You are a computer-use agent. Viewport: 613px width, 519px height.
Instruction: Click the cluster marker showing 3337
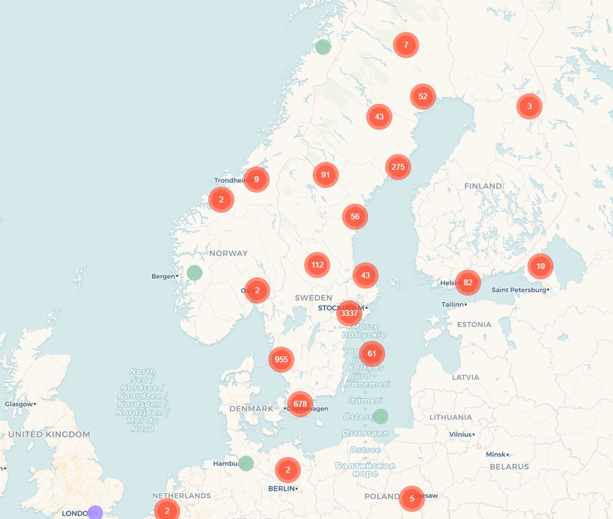pyautogui.click(x=349, y=313)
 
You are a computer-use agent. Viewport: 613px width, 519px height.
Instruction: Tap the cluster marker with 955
pyautogui.click(x=281, y=359)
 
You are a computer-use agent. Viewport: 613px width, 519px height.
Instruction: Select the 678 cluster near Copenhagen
pyautogui.click(x=300, y=404)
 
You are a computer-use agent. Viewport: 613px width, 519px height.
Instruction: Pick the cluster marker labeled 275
pyautogui.click(x=398, y=167)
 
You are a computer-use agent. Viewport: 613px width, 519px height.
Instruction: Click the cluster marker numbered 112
pyautogui.click(x=317, y=265)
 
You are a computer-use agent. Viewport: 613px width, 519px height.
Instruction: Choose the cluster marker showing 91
pyautogui.click(x=326, y=175)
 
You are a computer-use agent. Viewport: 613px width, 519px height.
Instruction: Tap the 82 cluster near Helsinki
pyautogui.click(x=467, y=283)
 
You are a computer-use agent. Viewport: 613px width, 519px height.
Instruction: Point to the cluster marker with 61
pyautogui.click(x=372, y=354)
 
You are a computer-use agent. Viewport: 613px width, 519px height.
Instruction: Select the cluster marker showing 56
pyautogui.click(x=355, y=217)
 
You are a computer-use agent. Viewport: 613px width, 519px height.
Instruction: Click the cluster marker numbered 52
pyautogui.click(x=423, y=97)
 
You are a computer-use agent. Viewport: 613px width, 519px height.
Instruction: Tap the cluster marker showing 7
pyautogui.click(x=406, y=45)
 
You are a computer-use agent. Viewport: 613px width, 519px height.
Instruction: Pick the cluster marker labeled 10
pyautogui.click(x=541, y=266)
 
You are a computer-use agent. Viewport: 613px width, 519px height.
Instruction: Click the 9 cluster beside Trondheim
pyautogui.click(x=257, y=179)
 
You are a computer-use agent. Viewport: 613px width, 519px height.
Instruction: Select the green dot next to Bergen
pyautogui.click(x=195, y=273)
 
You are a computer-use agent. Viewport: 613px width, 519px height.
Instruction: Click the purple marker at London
pyautogui.click(x=95, y=513)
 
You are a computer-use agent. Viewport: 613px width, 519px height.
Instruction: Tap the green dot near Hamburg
pyautogui.click(x=246, y=464)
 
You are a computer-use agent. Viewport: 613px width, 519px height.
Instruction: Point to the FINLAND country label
pyautogui.click(x=483, y=186)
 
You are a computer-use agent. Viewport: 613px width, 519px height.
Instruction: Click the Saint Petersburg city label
pyautogui.click(x=518, y=290)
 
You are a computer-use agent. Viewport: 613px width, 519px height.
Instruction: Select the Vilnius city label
pyautogui.click(x=460, y=434)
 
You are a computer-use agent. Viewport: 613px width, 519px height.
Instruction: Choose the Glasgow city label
pyautogui.click(x=18, y=404)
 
